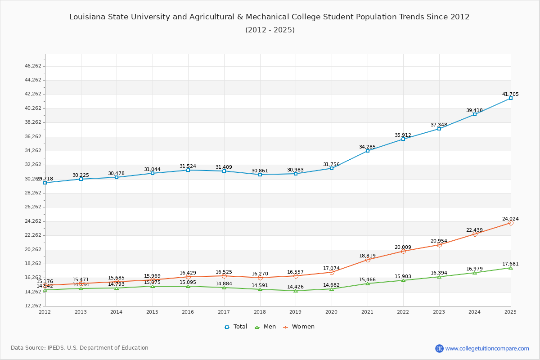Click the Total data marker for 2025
(x=510, y=98)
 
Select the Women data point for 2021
(x=367, y=260)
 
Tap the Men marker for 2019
(x=296, y=291)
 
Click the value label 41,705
(x=510, y=94)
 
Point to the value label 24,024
(x=510, y=219)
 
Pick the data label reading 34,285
(x=367, y=147)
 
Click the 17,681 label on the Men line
(x=510, y=264)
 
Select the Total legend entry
(x=236, y=327)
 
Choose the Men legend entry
(x=266, y=327)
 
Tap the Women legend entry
(x=299, y=327)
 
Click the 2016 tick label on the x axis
(x=188, y=312)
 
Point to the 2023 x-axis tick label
(x=439, y=312)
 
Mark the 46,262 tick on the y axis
(x=33, y=66)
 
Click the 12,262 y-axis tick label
(x=33, y=306)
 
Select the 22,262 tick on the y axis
(x=33, y=235)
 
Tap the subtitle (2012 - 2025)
(x=270, y=30)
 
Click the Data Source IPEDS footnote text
(x=80, y=348)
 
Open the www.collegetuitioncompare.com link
(x=487, y=348)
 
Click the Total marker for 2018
(x=260, y=175)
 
